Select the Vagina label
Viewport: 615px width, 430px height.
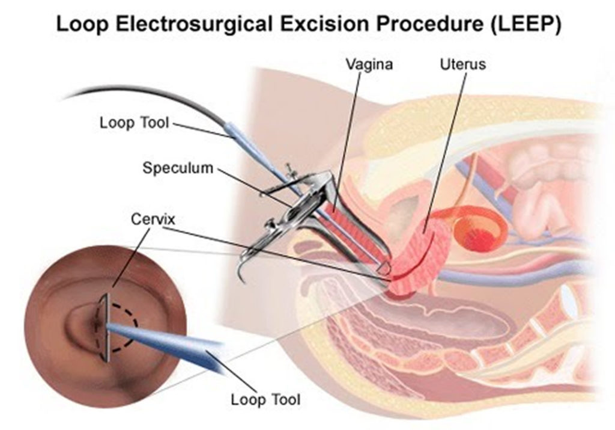[x=369, y=64]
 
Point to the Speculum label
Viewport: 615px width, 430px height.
[x=178, y=168]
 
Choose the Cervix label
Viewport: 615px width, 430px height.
[x=153, y=219]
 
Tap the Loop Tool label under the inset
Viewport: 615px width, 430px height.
[x=265, y=399]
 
